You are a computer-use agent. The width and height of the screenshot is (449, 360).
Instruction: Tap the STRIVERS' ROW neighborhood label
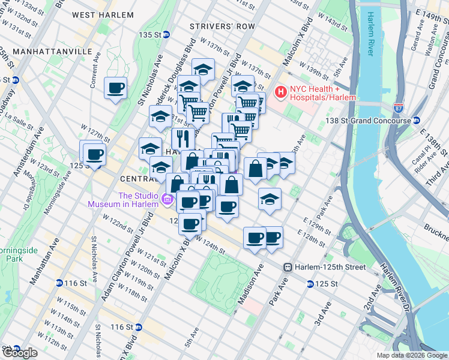coord(221,26)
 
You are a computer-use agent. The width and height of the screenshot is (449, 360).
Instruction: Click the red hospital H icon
coord(280,92)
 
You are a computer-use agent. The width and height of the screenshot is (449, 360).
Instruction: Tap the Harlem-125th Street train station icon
coord(288,266)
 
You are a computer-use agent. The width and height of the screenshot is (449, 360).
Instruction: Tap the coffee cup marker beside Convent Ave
coord(115,88)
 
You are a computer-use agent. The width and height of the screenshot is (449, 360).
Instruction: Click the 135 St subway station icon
coord(166,35)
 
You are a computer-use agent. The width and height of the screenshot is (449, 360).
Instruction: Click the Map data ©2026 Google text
coord(412,355)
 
